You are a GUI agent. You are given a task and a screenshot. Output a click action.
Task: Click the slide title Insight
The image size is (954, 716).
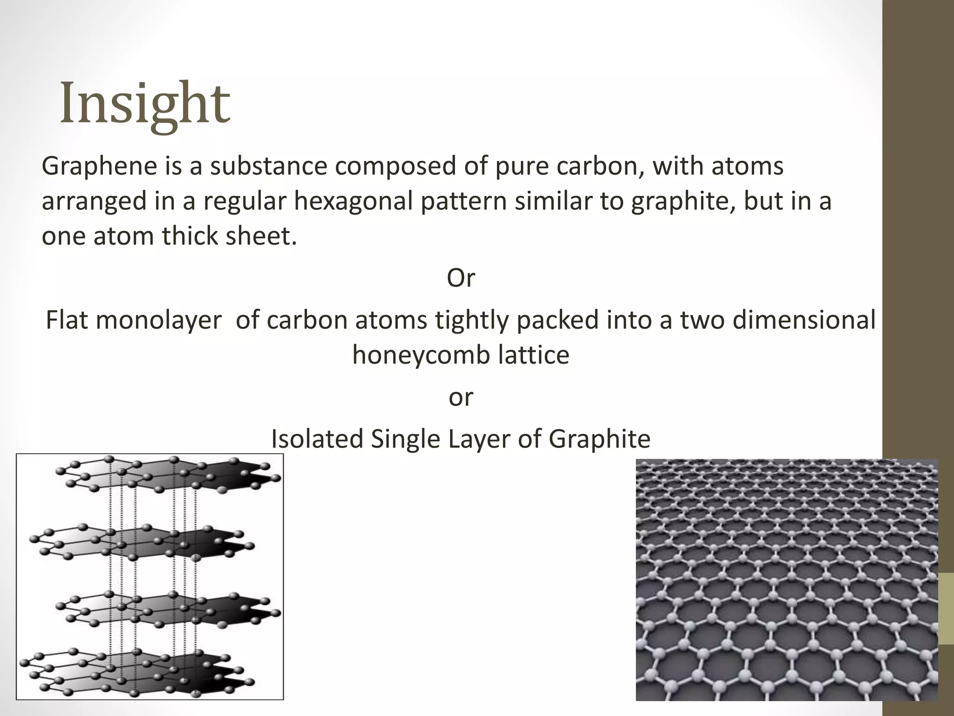click(x=145, y=103)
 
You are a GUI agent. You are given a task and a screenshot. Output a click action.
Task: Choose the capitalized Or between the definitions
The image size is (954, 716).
click(x=461, y=278)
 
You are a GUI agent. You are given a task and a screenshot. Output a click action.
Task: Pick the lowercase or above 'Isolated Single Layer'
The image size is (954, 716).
click(x=461, y=398)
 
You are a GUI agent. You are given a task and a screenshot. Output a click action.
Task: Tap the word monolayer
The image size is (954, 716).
click(x=158, y=320)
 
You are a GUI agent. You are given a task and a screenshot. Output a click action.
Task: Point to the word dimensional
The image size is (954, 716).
click(x=804, y=320)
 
